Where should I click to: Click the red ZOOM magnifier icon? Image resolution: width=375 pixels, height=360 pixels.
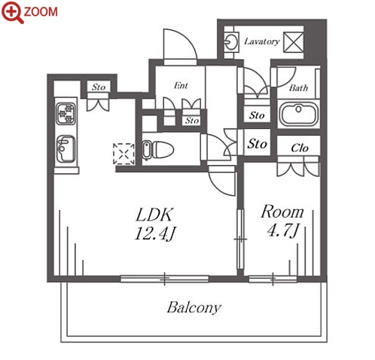tap(12, 12)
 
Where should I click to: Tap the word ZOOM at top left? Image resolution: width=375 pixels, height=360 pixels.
tap(41, 12)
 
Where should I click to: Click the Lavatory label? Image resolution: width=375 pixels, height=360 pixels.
tap(262, 41)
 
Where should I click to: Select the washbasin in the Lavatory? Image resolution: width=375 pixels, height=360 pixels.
tap(231, 42)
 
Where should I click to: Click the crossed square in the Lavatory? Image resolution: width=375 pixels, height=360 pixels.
tap(294, 42)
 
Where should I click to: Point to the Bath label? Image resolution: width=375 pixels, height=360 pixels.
tap(298, 88)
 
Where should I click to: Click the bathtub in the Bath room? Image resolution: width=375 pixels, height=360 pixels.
tap(298, 114)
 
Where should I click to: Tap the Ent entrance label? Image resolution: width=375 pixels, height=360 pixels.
tap(181, 86)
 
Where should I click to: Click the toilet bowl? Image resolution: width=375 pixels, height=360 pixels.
tap(158, 150)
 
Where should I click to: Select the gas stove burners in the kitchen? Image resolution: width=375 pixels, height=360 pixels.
tap(66, 114)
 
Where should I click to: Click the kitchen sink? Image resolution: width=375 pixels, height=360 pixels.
tap(66, 149)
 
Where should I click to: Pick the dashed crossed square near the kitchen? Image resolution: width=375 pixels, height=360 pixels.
tap(123, 154)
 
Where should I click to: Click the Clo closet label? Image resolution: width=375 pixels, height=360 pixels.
tap(300, 148)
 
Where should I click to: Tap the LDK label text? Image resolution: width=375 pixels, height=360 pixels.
tap(154, 215)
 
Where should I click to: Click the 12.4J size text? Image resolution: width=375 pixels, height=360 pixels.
tap(155, 233)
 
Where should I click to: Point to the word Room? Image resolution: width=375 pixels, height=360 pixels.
tap(282, 212)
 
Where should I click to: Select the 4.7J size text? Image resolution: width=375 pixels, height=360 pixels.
tap(283, 230)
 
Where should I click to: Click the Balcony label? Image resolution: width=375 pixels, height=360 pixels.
tap(194, 307)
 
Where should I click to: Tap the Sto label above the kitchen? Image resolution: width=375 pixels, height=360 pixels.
tap(99, 87)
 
